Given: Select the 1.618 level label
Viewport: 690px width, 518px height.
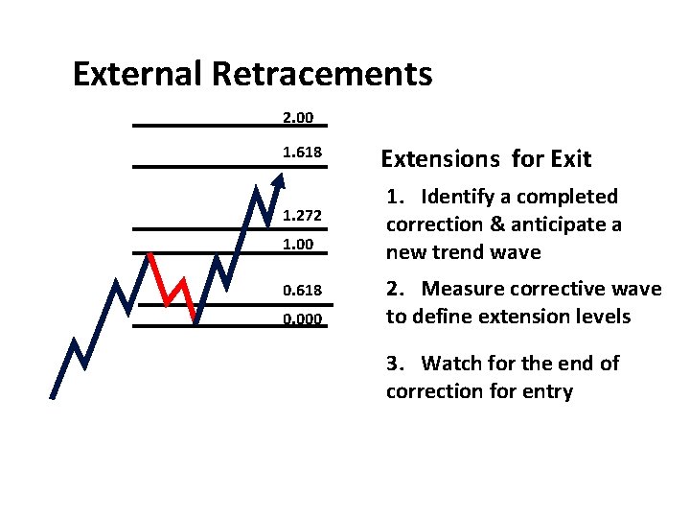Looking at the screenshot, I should [x=302, y=153].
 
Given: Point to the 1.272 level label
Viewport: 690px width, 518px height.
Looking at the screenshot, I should [x=302, y=216].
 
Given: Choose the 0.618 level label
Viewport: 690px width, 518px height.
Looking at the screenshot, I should [x=302, y=289].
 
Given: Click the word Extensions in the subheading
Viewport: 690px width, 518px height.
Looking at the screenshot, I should [x=438, y=159].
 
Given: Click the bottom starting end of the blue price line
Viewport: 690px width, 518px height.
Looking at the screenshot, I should [x=53, y=395].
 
